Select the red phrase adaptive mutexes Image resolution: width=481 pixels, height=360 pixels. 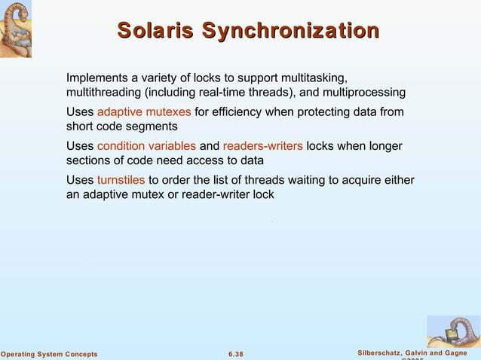click(144, 112)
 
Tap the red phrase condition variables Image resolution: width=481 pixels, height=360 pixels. click(146, 146)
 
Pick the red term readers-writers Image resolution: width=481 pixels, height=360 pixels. click(263, 146)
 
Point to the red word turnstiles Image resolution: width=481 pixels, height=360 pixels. click(121, 180)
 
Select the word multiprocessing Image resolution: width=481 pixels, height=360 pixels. click(366, 93)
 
